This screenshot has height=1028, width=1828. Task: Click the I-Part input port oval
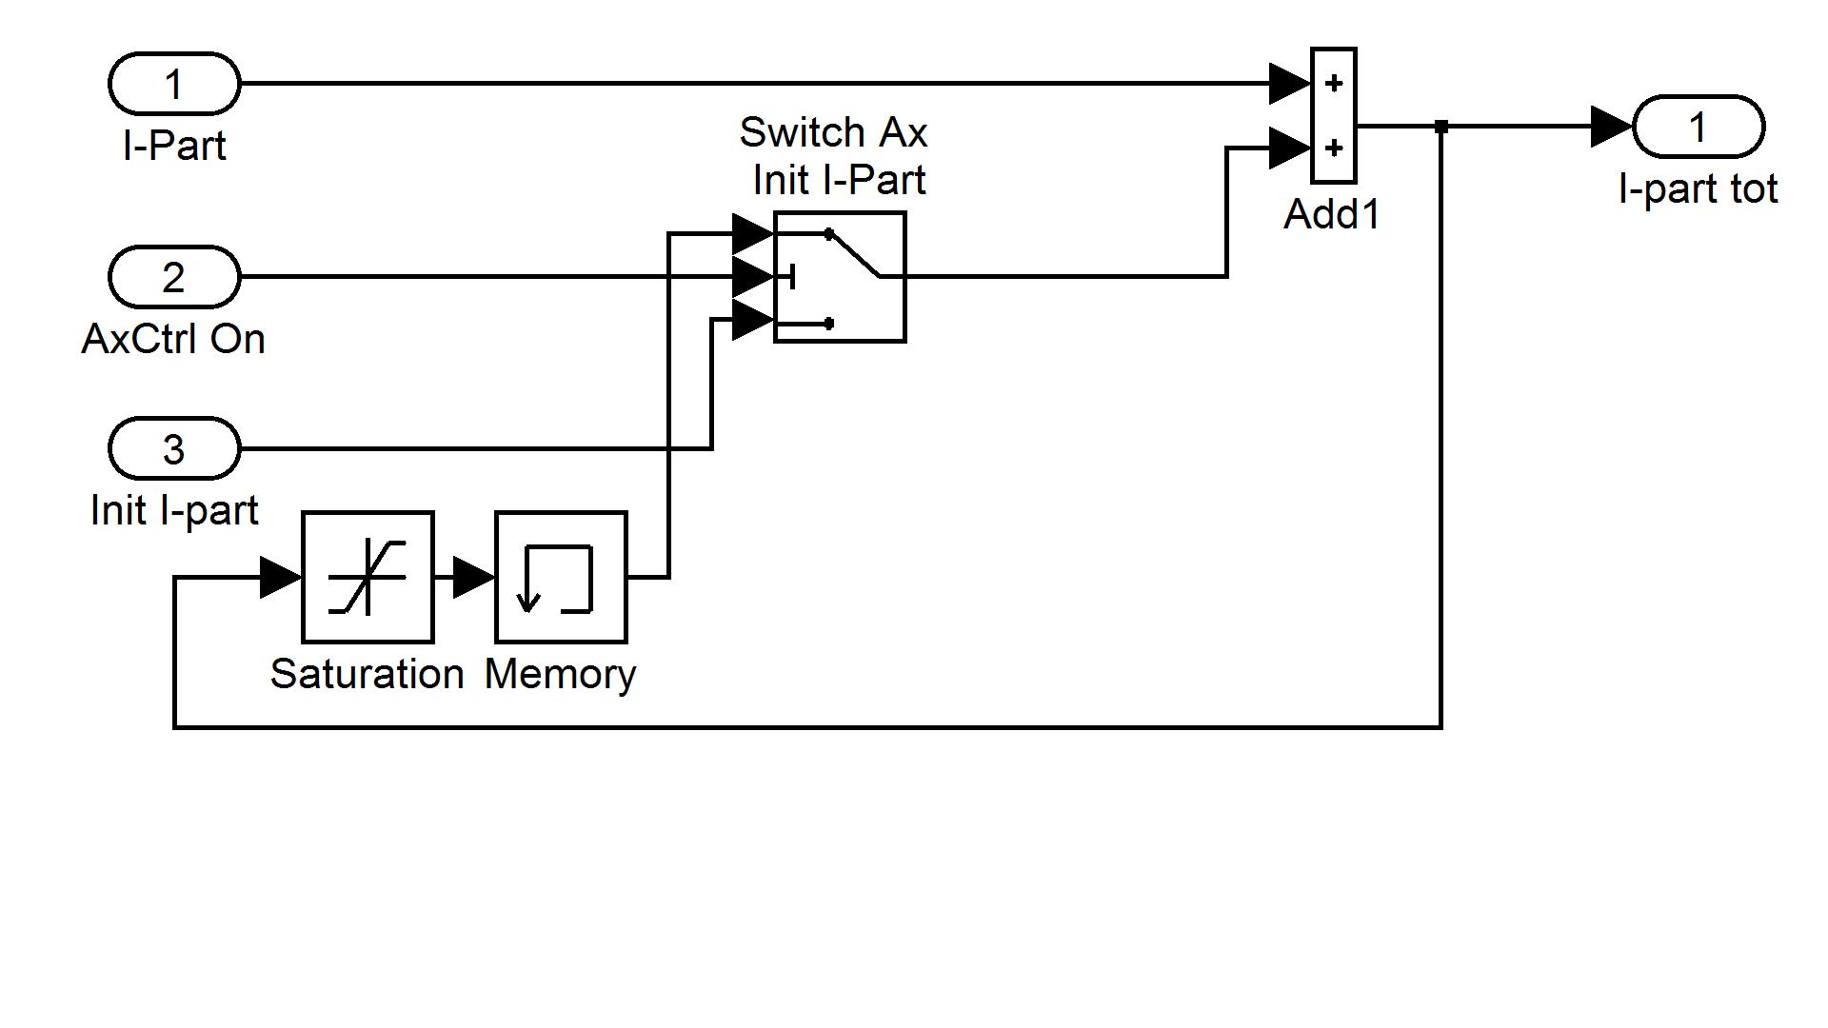coord(174,84)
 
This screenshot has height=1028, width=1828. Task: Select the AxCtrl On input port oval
coord(174,277)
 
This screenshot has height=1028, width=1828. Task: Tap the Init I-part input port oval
coord(174,448)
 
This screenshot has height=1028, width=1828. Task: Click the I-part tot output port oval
coord(1699,127)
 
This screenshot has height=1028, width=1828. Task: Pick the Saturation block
coord(368,577)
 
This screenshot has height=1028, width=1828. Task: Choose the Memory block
coord(561,577)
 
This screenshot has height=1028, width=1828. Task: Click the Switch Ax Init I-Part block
coord(840,277)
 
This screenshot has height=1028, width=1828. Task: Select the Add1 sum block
coord(1333,115)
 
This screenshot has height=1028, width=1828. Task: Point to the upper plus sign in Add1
coord(1334,84)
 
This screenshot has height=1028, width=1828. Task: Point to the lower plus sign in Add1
coord(1334,148)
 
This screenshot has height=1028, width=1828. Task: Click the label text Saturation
coord(367,674)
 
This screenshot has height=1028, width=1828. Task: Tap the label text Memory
coord(560,674)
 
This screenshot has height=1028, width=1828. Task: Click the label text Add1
coord(1332,214)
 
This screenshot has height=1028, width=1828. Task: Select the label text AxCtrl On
coord(173,340)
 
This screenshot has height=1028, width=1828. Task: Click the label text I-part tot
coord(1698,189)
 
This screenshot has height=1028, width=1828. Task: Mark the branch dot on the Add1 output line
coord(1441,127)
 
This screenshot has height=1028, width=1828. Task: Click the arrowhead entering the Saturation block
coord(281,577)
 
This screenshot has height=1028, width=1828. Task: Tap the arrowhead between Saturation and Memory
coord(473,577)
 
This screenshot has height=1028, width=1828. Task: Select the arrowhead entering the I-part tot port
coord(1612,127)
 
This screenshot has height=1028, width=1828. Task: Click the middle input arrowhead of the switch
coord(752,277)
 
